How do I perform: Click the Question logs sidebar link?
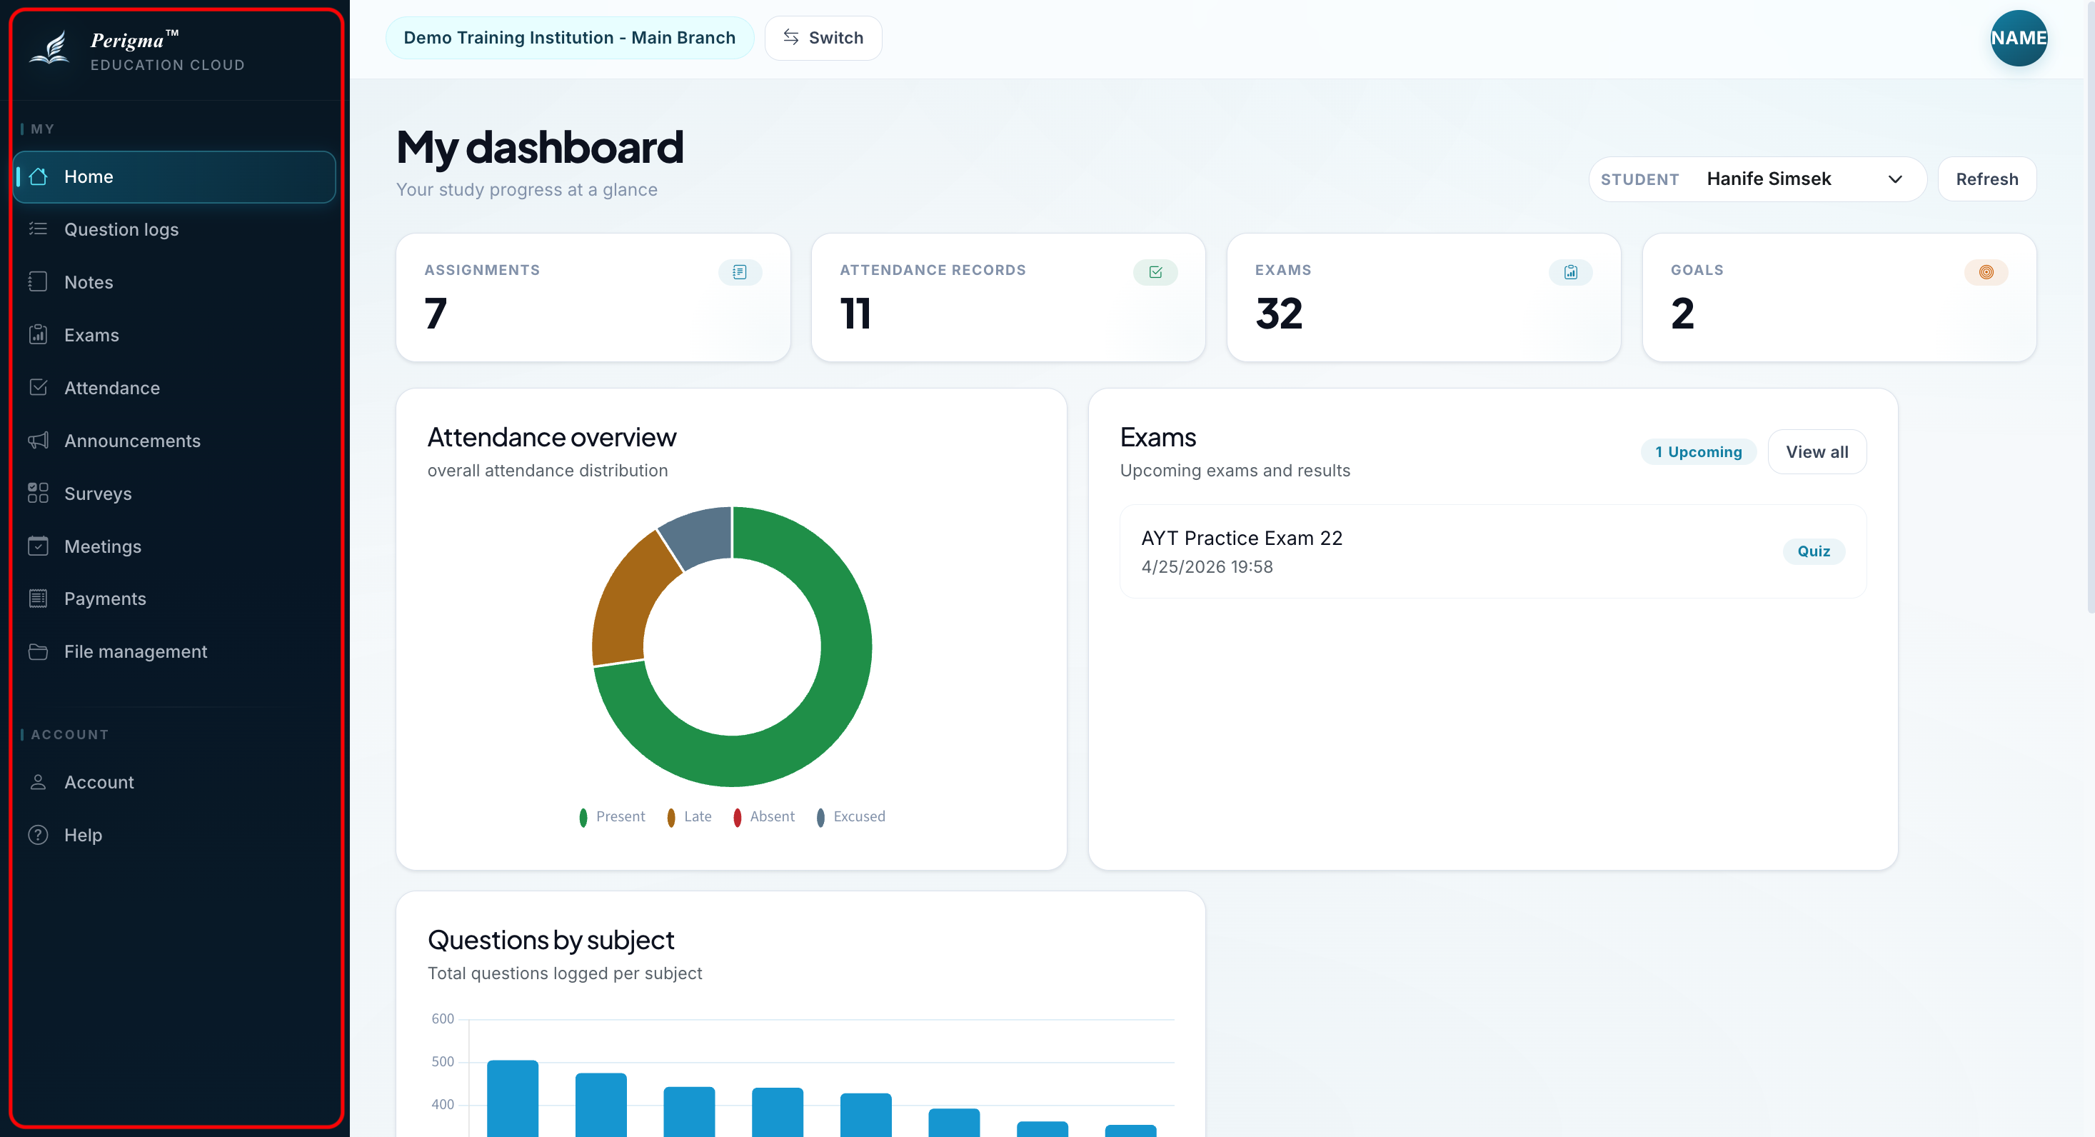point(121,229)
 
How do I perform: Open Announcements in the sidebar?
point(132,441)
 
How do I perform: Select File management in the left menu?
point(135,651)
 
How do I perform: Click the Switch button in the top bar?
point(823,37)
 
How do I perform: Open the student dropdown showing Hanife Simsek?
point(1757,179)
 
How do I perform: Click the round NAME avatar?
point(2018,37)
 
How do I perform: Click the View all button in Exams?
point(1816,451)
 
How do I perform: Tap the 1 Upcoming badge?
point(1698,451)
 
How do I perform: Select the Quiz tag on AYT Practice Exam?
point(1813,551)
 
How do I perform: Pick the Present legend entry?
point(612,816)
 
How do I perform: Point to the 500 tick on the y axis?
point(443,1061)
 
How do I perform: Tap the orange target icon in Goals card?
point(1985,271)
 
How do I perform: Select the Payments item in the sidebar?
point(105,598)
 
